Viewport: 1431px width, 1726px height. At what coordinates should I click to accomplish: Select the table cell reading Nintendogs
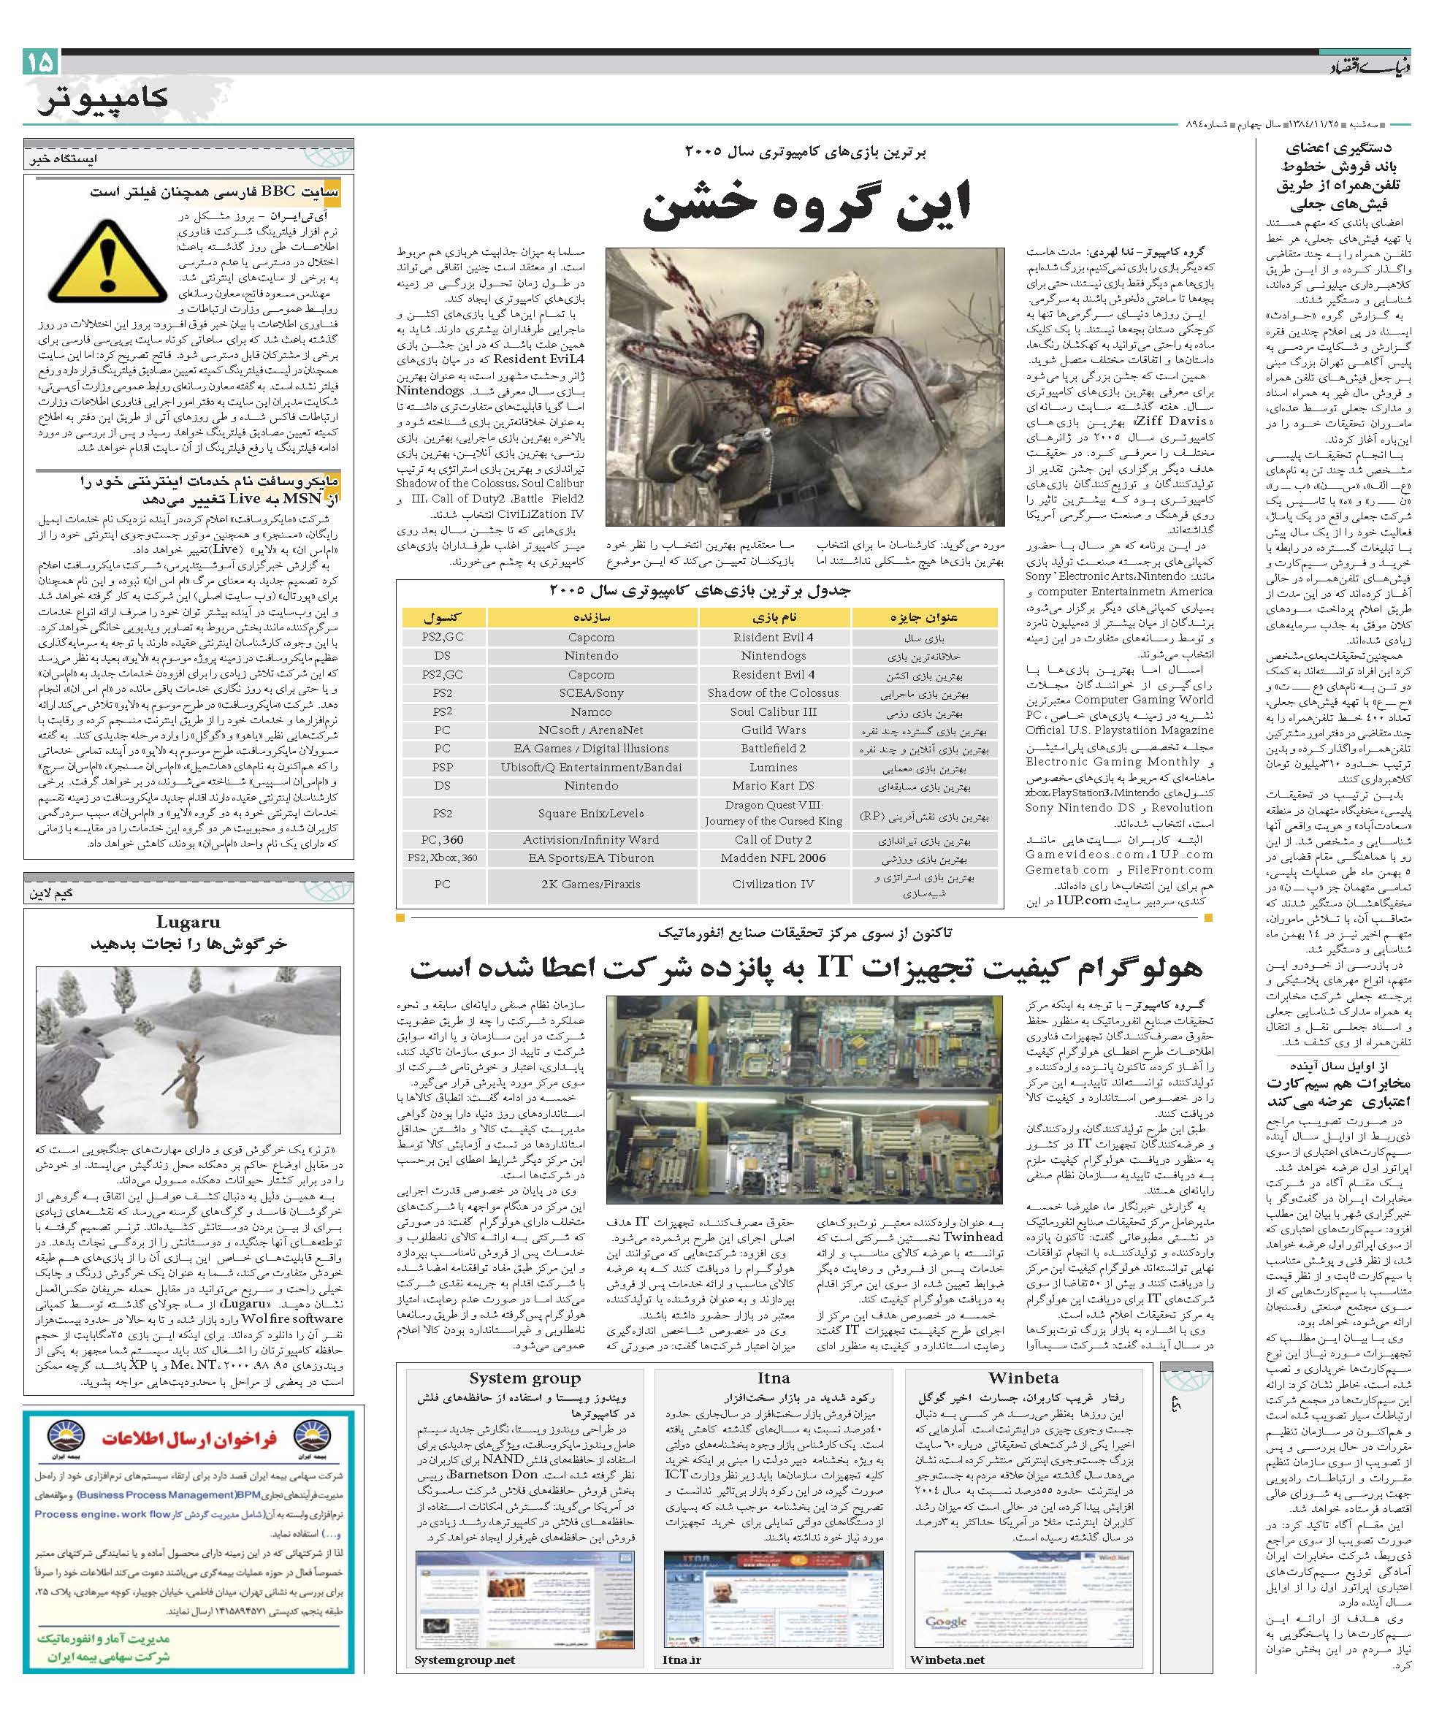(x=774, y=656)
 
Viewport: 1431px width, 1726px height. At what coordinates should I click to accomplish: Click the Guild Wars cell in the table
(x=774, y=730)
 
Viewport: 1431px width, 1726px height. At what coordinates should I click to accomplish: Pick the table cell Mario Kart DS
(x=774, y=786)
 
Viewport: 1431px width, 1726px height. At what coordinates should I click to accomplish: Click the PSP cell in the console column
(x=442, y=767)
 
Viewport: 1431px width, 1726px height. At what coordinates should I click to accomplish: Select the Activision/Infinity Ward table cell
(x=591, y=839)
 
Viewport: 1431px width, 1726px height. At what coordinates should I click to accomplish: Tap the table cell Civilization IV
(x=774, y=885)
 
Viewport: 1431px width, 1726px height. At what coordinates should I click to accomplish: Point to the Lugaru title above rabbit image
(x=188, y=923)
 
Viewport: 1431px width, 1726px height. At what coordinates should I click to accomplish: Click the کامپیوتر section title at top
(x=103, y=99)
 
